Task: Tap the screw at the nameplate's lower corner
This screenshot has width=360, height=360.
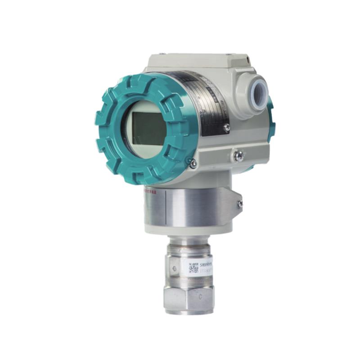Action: pos(227,128)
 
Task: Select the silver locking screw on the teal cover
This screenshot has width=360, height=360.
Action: pos(193,164)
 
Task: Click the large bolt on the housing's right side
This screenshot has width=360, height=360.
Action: pos(238,156)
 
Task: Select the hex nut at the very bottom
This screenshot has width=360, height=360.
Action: pos(189,299)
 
